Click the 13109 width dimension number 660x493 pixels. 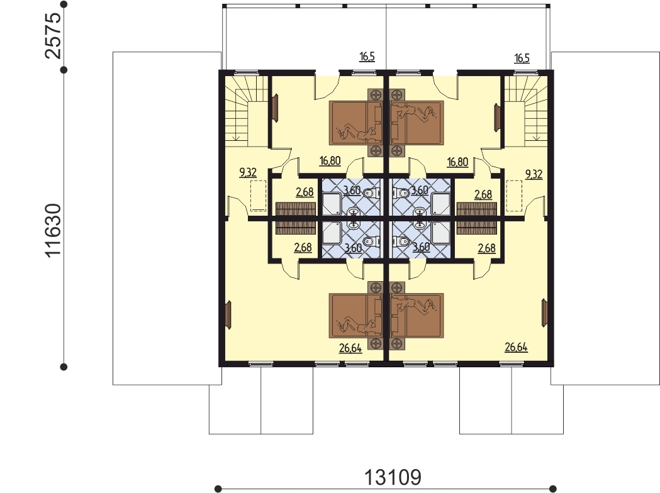[393, 477]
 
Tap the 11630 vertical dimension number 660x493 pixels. [53, 231]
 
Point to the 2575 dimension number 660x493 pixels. [53, 36]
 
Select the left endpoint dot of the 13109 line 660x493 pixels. [218, 489]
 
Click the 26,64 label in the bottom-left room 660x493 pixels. [350, 348]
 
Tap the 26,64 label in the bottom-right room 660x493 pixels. [516, 348]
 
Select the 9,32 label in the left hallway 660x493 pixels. [247, 172]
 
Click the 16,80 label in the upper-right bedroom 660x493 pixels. [457, 162]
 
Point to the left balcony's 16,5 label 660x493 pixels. [367, 57]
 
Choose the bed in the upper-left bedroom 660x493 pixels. [355, 123]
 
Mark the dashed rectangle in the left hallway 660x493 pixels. [259, 196]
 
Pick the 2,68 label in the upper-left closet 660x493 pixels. [305, 192]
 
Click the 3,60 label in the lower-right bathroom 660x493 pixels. [421, 247]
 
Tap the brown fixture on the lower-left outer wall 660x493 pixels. [228, 314]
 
